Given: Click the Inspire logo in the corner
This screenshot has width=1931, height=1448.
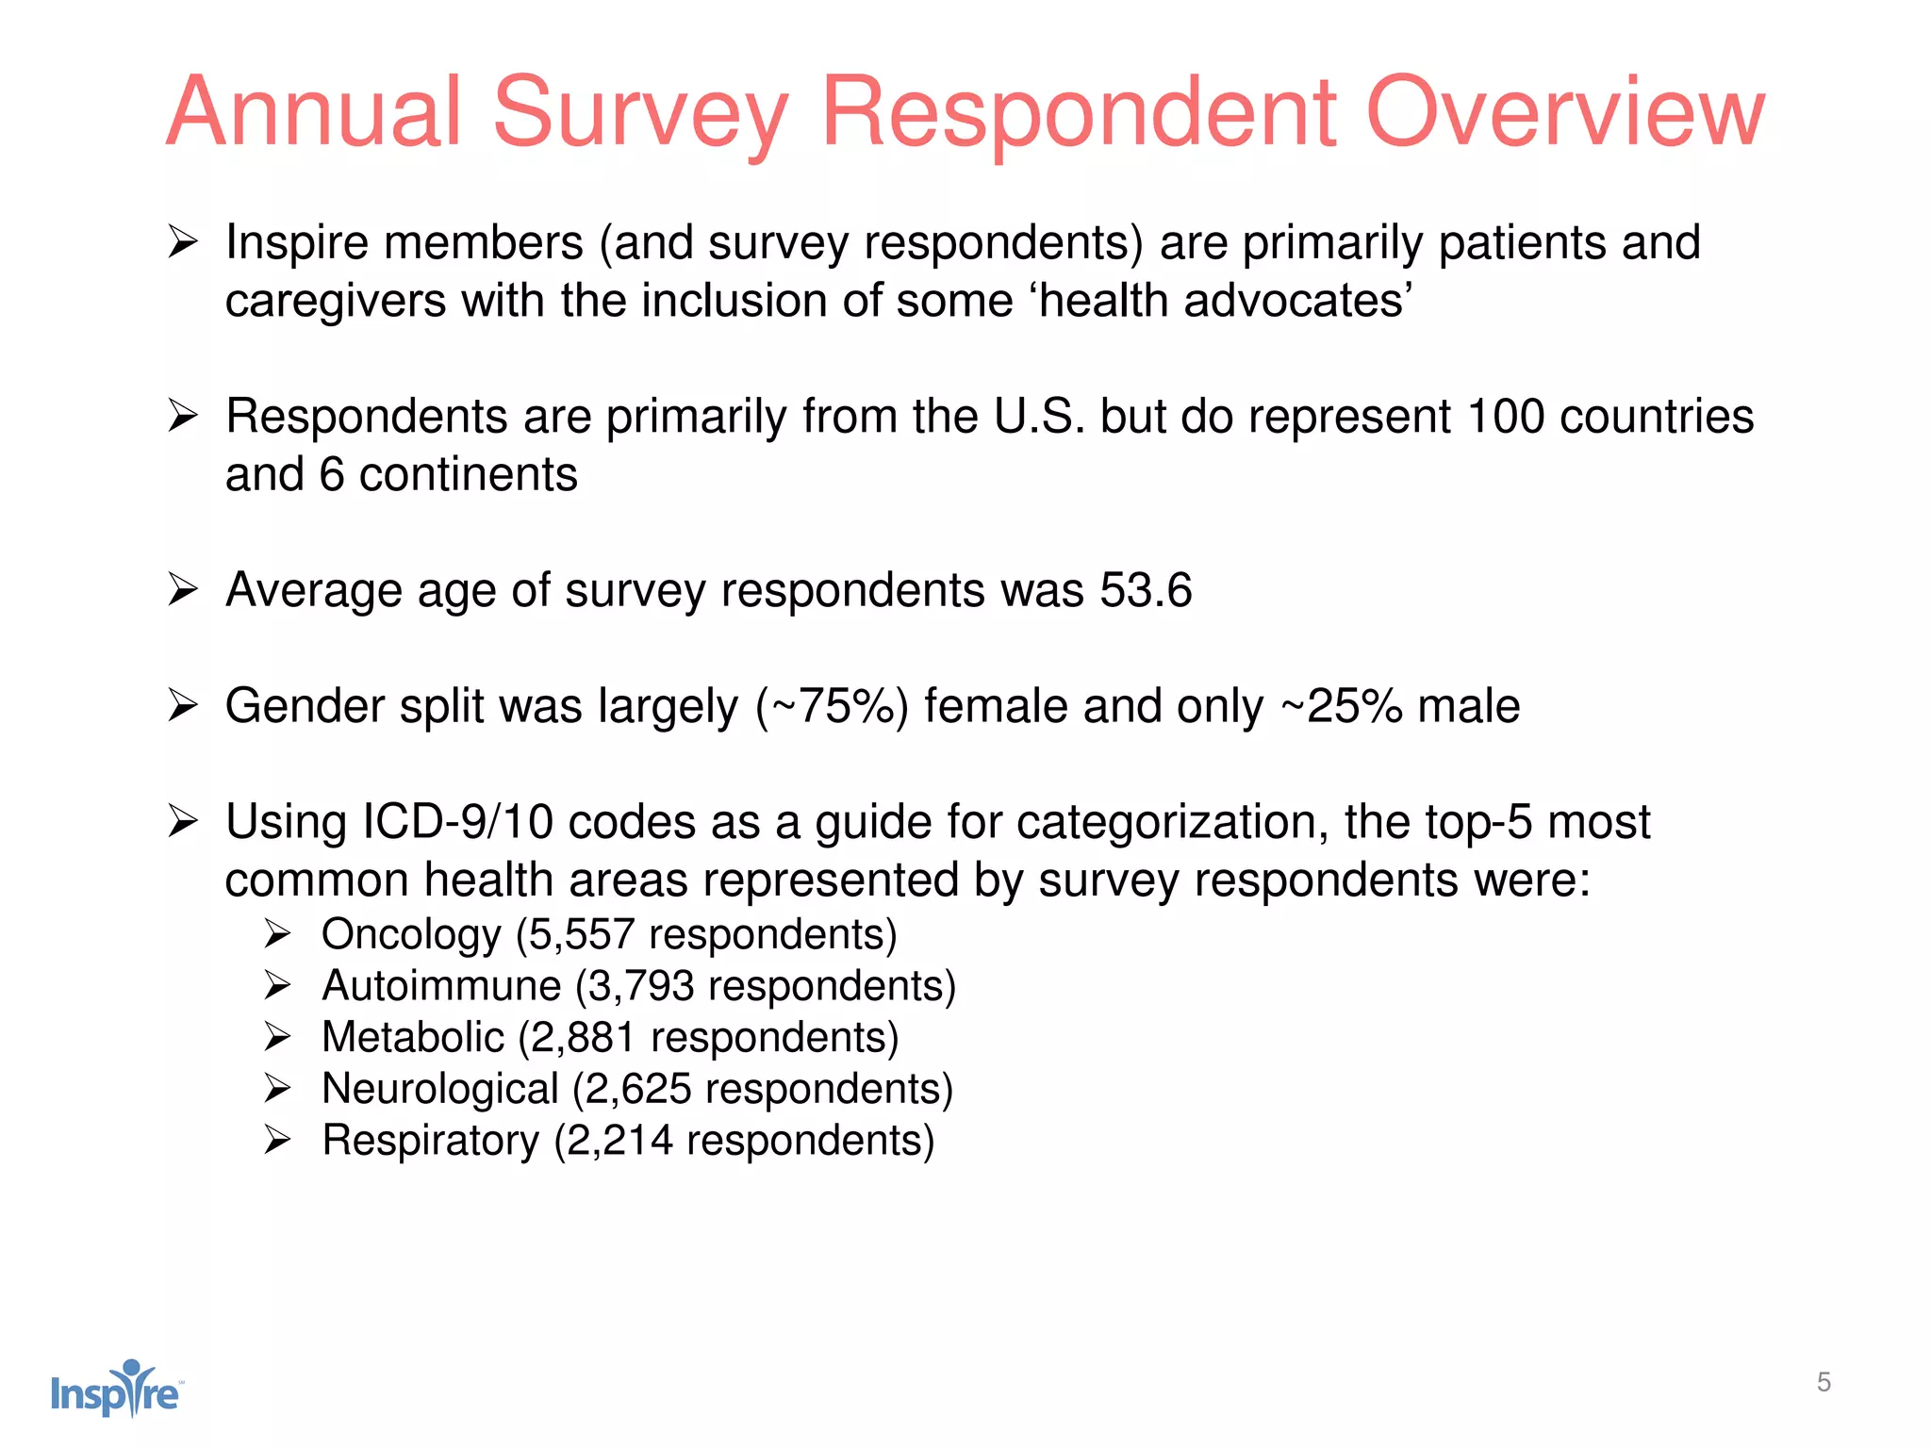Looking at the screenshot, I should [116, 1389].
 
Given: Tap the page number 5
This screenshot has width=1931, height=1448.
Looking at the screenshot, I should [1824, 1382].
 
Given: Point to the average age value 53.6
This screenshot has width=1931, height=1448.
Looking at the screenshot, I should [1146, 591].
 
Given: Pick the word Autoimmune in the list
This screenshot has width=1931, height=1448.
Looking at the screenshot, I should [441, 986].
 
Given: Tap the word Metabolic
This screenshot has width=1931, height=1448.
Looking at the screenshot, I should [413, 1038].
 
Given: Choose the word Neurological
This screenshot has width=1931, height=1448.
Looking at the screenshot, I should [440, 1090].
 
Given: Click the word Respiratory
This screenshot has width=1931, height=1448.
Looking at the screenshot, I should [430, 1141].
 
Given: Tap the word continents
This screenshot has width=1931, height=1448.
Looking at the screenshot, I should [468, 475].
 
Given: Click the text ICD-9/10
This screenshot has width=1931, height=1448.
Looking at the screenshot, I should [457, 822].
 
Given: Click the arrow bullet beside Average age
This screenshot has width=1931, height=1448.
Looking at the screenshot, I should [182, 591].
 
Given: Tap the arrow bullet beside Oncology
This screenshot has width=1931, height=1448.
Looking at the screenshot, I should [277, 935].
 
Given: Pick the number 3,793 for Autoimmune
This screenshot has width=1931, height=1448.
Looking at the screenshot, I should [641, 986].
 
